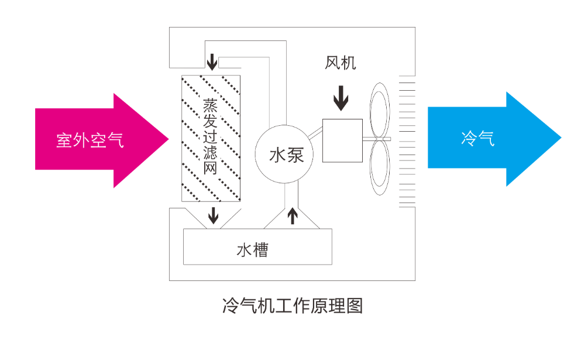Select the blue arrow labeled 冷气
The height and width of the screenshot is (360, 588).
(487, 138)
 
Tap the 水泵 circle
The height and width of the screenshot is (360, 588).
(284, 154)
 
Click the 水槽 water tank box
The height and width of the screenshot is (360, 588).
(257, 246)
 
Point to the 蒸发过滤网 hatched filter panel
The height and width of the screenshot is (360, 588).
(211, 138)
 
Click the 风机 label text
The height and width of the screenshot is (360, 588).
(340, 63)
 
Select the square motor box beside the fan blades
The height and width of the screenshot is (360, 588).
(342, 140)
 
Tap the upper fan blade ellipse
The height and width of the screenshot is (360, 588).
(380, 111)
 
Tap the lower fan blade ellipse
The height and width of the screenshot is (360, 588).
(380, 167)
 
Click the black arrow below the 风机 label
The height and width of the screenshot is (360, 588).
(341, 98)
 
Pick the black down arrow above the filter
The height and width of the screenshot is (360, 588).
(212, 62)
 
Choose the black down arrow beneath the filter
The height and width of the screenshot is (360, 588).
(214, 215)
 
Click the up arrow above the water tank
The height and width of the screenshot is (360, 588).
(293, 217)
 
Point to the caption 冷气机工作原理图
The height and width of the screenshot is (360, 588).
(293, 306)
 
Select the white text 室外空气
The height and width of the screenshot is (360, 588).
(90, 140)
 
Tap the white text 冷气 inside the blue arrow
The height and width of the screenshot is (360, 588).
(478, 138)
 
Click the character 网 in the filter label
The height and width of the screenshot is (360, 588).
(211, 167)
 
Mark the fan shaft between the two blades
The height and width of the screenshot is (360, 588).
(377, 139)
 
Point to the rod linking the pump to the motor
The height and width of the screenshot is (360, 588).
(316, 132)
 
